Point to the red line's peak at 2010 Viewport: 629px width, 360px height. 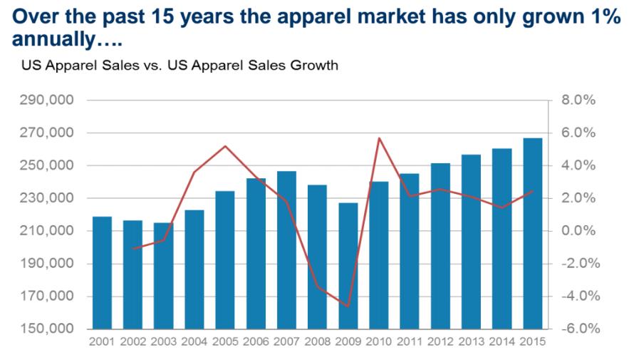380,138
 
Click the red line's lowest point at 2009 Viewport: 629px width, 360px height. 348,306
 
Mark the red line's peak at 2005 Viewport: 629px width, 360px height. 225,146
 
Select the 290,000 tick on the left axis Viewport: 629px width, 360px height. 46,101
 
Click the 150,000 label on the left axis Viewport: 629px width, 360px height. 46,329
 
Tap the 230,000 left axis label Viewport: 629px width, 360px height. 46,198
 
